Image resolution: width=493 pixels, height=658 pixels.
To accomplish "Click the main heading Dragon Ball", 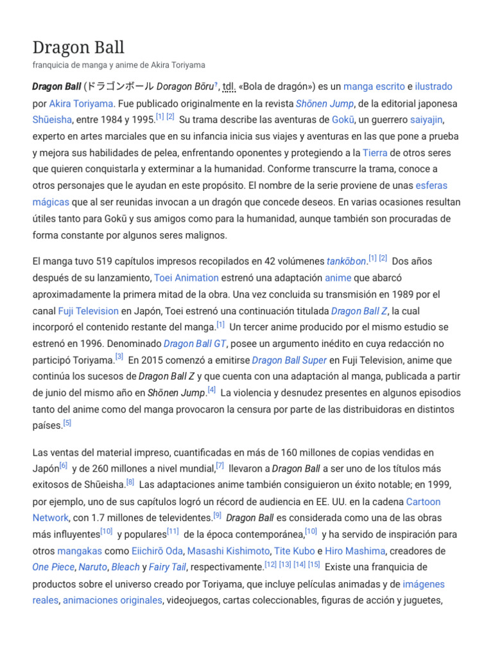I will click(78, 47).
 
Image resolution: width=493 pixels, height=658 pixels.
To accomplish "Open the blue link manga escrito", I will click(374, 86).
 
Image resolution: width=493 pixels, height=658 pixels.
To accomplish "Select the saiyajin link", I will click(426, 120).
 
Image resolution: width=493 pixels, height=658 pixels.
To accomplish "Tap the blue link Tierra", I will click(375, 153).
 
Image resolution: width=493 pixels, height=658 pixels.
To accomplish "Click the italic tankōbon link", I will click(347, 262).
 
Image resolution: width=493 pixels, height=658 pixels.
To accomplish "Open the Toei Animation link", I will click(186, 278).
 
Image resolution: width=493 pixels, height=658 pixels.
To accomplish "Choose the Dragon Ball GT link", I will click(196, 344).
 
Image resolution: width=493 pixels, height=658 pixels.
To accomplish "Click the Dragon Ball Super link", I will click(290, 360).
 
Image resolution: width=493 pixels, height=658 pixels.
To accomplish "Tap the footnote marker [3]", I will click(119, 357).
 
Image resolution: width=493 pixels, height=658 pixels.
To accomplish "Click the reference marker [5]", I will click(67, 423).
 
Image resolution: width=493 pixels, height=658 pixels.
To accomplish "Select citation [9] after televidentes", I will click(217, 515).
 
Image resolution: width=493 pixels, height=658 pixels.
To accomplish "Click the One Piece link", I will click(53, 567).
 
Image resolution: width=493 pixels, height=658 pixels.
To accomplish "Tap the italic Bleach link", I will click(125, 567).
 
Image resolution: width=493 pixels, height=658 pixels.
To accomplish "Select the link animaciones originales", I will click(112, 600).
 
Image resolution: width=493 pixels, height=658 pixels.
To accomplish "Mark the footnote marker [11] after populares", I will click(173, 531).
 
